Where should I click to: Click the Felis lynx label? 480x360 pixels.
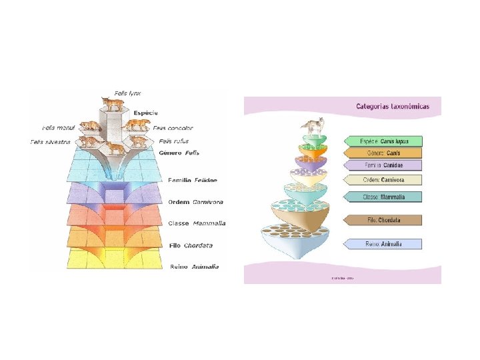127,93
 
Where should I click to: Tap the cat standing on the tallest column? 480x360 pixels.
113,103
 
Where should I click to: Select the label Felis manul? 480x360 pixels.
58,127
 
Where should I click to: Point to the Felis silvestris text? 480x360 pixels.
50,141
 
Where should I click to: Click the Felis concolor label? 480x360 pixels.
173,127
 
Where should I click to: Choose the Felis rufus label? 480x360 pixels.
174,141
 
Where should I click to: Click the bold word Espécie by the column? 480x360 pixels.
145,112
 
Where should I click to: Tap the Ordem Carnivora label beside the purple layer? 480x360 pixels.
195,202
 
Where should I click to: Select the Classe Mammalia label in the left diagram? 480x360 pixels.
197,223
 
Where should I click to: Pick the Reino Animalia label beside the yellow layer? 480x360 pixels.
195,267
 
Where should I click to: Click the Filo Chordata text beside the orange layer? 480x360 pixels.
194,245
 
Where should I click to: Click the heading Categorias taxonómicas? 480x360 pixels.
398,106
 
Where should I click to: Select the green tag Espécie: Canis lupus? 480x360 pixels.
385,141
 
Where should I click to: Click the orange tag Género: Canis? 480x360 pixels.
385,153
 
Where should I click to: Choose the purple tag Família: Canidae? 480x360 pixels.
385,165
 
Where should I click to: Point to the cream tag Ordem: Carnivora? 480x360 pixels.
385,180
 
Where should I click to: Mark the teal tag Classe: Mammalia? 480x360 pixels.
385,197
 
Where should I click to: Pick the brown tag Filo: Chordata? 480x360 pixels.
385,220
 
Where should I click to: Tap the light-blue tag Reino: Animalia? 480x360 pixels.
385,244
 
